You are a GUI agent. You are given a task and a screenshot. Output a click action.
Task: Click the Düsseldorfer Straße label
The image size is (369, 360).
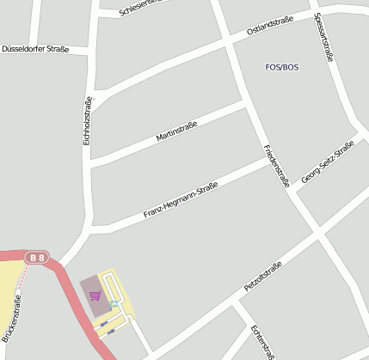[x=35, y=49]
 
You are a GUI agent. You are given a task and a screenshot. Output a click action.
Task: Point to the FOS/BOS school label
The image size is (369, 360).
[x=282, y=67]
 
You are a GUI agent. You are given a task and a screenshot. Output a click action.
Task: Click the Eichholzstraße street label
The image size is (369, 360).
[x=87, y=120]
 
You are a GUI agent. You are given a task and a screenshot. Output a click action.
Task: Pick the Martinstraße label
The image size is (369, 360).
[x=176, y=131]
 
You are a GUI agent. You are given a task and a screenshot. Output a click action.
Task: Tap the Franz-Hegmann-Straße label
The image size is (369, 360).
[x=181, y=199]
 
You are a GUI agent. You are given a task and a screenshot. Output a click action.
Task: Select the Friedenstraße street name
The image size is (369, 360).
[x=276, y=166]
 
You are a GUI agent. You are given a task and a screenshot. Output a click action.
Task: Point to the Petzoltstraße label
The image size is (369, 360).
[x=264, y=278]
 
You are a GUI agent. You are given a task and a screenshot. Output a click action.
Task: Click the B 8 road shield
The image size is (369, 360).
[x=36, y=257]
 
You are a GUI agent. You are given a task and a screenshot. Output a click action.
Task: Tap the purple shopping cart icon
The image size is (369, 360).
[x=95, y=296]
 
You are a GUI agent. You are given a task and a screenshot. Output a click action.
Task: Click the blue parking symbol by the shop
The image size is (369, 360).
[x=114, y=305]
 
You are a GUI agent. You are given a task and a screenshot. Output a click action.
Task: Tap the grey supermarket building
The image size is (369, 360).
[x=89, y=288]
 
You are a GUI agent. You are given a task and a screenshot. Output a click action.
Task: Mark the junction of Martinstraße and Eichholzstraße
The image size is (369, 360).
[x=91, y=160]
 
